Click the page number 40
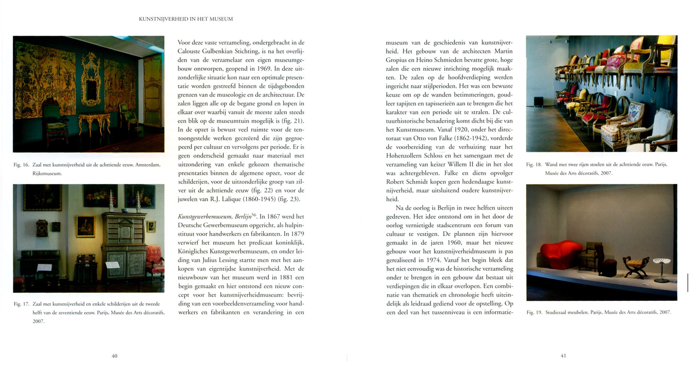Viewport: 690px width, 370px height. point(114,356)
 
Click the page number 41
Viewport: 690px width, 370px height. point(563,356)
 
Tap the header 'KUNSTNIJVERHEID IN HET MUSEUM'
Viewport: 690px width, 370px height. point(186,19)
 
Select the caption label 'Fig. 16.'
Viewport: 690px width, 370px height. point(21,165)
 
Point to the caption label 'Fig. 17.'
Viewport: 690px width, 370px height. point(21,304)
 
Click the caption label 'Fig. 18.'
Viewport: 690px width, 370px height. point(534,164)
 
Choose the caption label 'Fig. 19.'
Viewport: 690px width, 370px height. point(534,312)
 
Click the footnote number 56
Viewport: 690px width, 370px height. point(254,215)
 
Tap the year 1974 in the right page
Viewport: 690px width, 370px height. point(432,260)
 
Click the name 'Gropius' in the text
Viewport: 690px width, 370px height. point(396,60)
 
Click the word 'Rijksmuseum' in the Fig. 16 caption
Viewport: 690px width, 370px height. point(47,173)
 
